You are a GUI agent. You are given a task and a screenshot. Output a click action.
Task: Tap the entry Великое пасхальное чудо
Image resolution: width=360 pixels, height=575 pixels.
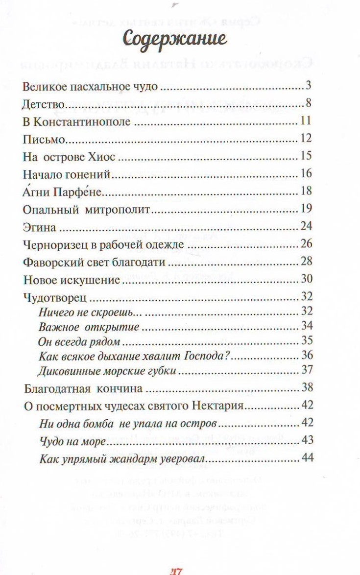(x=90, y=88)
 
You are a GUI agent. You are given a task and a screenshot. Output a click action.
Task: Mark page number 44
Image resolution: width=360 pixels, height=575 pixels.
(x=308, y=458)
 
